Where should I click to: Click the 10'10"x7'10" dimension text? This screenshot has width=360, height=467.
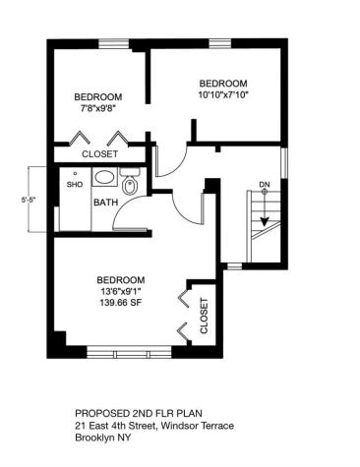tap(223, 95)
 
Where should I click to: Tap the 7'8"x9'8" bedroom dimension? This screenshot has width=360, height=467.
tap(98, 109)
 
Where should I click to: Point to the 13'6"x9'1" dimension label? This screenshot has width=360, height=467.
tap(121, 292)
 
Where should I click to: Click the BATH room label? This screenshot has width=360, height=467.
tap(104, 203)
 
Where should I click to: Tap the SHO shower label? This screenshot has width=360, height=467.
tap(75, 184)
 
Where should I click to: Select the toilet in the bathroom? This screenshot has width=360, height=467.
tap(130, 183)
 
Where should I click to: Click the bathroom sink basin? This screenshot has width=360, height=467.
tap(103, 179)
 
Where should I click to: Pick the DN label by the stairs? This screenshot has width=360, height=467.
tap(265, 184)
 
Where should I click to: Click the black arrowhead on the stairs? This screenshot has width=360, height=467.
tap(264, 221)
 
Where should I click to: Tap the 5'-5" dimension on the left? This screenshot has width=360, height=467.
tap(31, 201)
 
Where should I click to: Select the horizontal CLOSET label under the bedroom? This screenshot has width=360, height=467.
tap(99, 154)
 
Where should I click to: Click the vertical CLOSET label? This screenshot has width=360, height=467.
tap(204, 316)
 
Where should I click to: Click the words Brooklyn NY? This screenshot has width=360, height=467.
tap(102, 438)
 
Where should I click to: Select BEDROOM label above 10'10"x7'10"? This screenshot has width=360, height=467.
tap(223, 83)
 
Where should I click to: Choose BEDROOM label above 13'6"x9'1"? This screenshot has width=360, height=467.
tap(121, 279)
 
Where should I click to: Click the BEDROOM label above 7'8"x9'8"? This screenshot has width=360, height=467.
tap(98, 96)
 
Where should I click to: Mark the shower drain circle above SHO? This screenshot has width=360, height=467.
tap(75, 174)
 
